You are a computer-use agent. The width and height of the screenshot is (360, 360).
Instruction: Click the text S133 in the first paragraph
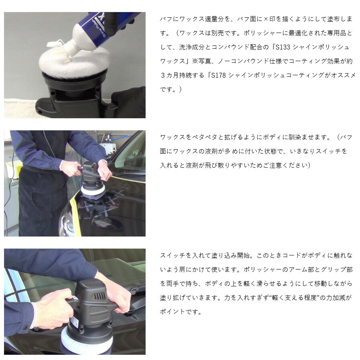tap(283, 47)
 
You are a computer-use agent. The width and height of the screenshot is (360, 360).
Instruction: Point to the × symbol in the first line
tap(265, 19)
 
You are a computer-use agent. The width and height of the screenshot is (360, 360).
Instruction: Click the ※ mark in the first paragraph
tap(195, 61)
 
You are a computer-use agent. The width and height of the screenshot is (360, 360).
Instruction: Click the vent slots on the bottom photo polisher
tap(99, 296)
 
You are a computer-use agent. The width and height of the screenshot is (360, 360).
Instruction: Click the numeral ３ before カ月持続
tap(163, 75)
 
